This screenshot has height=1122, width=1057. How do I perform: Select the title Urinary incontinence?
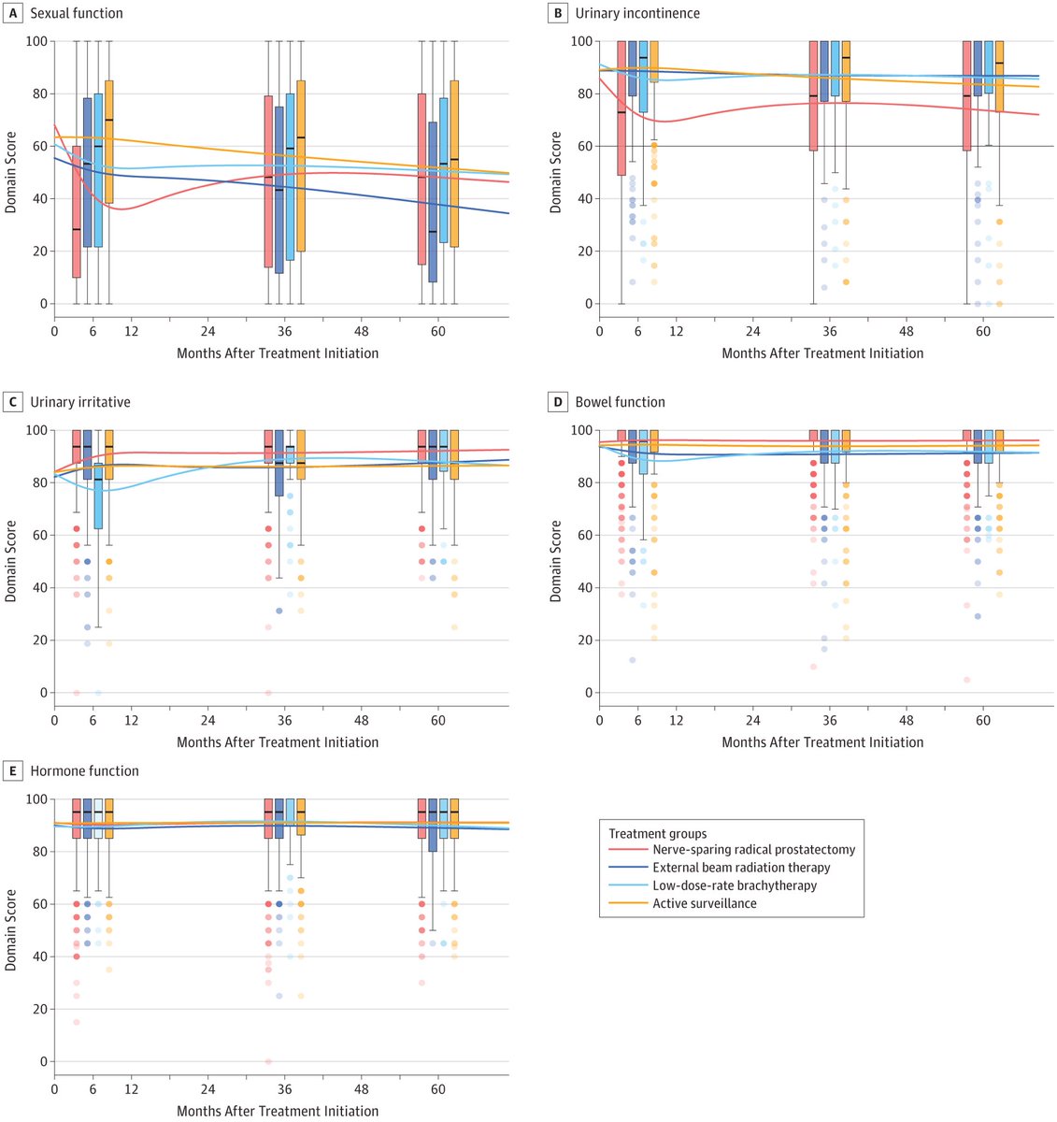636,13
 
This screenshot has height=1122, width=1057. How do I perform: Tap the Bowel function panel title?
620,402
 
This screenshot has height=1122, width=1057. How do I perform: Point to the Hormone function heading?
84,771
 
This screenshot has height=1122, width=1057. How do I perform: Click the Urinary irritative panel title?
80,402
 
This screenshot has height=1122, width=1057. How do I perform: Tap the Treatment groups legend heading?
658,833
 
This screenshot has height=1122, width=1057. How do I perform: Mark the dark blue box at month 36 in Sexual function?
279,190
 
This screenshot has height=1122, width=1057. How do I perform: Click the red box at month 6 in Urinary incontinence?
621,108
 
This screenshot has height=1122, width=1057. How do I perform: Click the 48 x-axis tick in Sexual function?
362,332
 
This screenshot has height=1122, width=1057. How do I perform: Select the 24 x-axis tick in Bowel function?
752,721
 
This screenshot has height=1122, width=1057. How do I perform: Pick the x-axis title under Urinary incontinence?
822,353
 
